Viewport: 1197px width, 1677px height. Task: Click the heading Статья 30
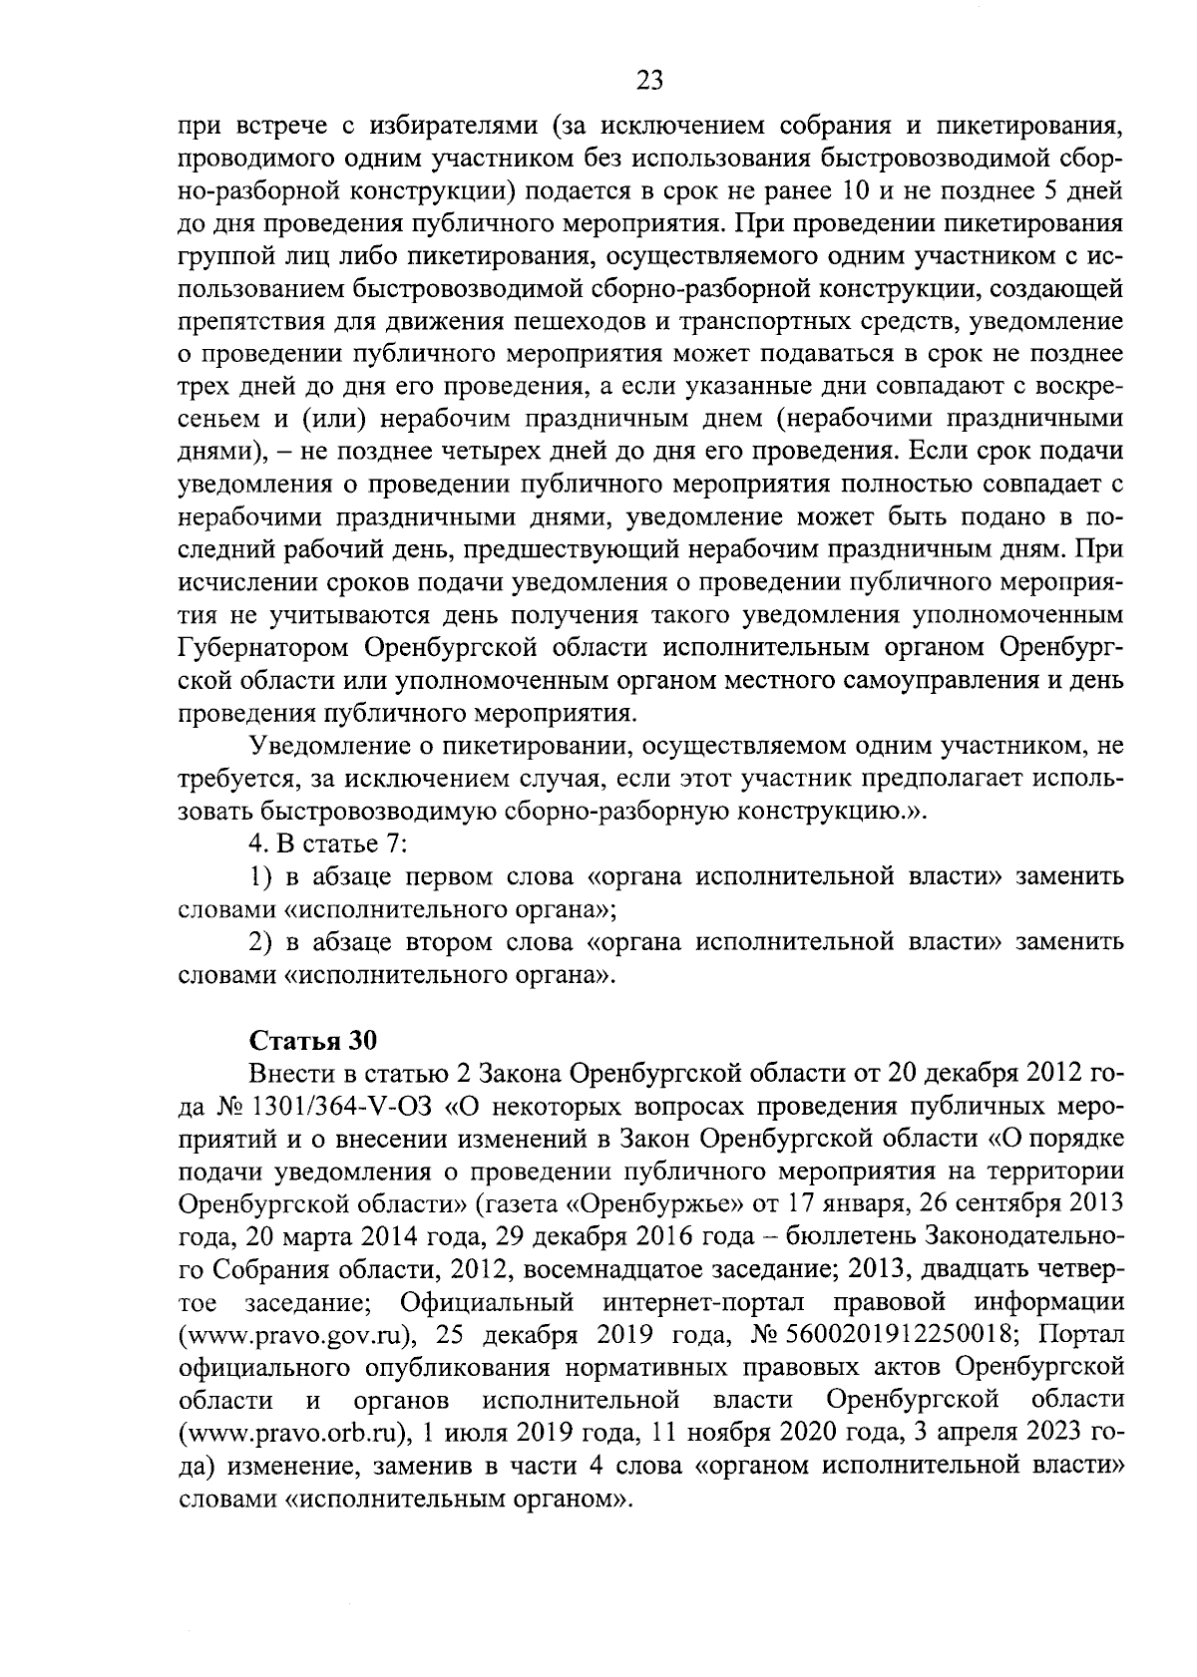(311, 1041)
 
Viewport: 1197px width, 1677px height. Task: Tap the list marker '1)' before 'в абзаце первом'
(260, 876)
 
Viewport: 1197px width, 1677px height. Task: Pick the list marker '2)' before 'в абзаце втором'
(260, 941)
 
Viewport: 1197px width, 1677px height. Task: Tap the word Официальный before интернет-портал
(486, 1303)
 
